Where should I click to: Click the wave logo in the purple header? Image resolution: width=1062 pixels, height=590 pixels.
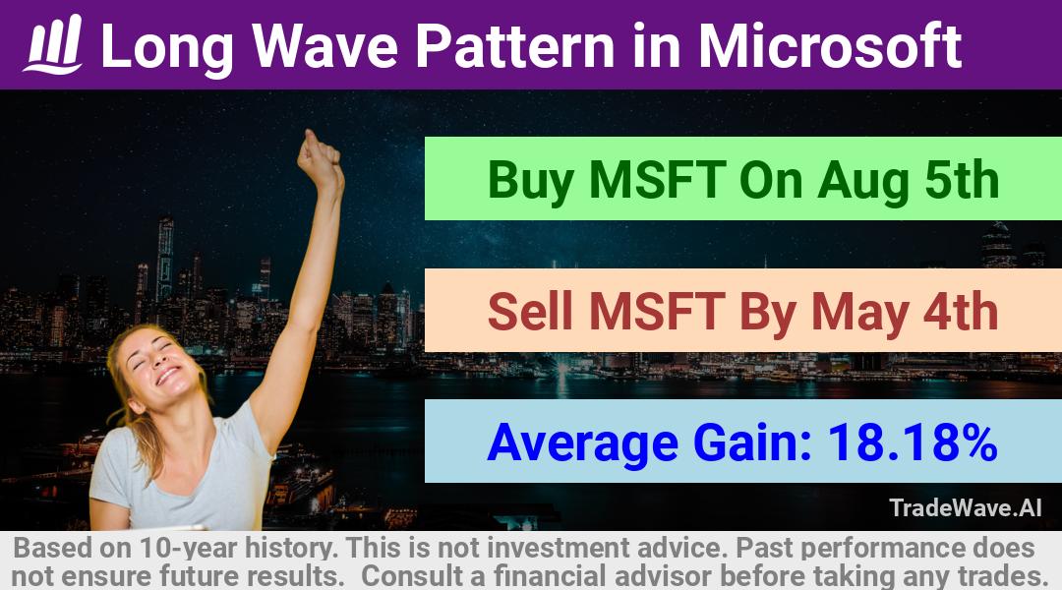click(53, 44)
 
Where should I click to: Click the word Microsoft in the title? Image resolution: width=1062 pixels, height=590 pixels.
click(830, 45)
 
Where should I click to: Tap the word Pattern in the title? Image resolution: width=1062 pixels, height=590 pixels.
click(514, 46)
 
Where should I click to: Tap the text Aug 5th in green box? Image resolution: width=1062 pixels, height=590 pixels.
click(909, 180)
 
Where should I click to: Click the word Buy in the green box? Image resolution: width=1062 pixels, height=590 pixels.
click(530, 180)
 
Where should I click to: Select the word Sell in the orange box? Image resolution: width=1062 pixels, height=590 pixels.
click(531, 311)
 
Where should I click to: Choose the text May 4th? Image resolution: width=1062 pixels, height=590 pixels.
click(905, 312)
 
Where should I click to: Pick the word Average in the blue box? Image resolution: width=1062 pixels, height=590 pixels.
click(582, 443)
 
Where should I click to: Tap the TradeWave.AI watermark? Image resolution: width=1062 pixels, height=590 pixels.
click(966, 508)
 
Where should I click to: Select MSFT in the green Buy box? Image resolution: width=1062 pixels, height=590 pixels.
click(658, 180)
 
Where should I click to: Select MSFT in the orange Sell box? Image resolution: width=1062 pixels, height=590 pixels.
click(658, 311)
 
